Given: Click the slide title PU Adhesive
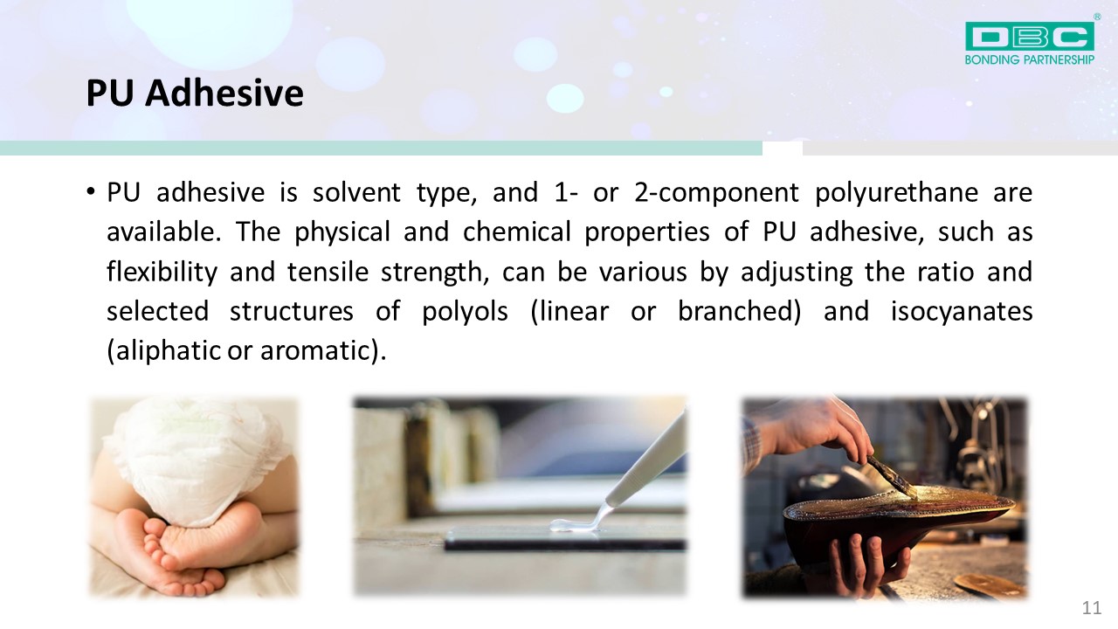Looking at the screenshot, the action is (195, 93).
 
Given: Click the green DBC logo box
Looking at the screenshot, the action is (1029, 36).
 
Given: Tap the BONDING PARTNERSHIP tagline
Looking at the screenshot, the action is (1029, 60).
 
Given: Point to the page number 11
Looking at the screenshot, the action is (1092, 608).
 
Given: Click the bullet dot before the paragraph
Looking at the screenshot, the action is (90, 191).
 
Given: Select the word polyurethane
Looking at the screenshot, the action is (896, 193).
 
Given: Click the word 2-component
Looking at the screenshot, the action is (716, 193).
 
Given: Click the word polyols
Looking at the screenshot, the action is (466, 312).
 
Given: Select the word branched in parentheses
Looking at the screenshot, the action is (735, 310).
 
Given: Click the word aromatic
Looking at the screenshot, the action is (316, 351).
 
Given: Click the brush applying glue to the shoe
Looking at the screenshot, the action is (892, 473).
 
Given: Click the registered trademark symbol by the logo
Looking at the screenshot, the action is (1097, 17).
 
